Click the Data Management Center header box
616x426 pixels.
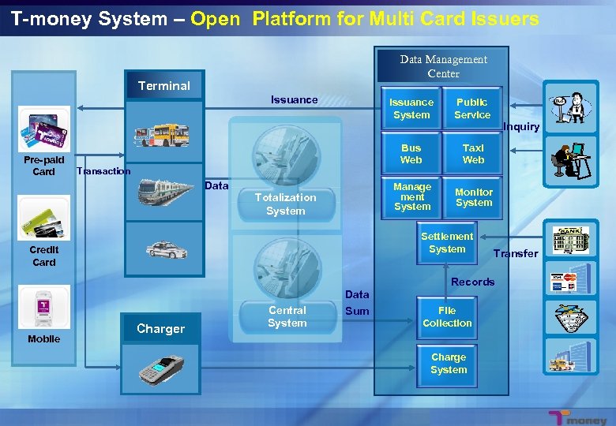(x=443, y=66)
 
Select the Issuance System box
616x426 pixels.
(x=411, y=109)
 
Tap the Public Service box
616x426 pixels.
(x=472, y=109)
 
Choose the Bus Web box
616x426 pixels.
(x=411, y=154)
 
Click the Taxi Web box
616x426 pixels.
(x=473, y=154)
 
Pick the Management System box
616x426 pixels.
(x=412, y=197)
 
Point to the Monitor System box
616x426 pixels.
(x=474, y=197)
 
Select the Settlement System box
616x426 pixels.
(x=447, y=243)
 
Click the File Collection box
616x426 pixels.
(x=447, y=317)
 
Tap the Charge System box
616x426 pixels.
(x=449, y=364)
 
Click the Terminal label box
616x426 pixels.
(x=164, y=86)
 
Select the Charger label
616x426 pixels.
(x=160, y=329)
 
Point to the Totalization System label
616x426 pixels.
(x=285, y=204)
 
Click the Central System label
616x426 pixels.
(x=287, y=317)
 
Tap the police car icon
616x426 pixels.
(x=167, y=250)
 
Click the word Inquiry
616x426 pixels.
(x=521, y=127)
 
